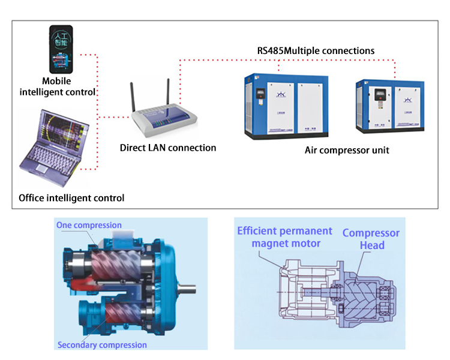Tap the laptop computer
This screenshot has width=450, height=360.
click(55, 143)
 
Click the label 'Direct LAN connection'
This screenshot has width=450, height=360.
click(168, 148)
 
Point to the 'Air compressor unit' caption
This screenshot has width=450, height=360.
click(347, 150)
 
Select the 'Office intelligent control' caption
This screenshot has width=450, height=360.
click(72, 197)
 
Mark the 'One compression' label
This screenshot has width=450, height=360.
click(89, 225)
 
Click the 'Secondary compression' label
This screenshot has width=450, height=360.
click(102, 345)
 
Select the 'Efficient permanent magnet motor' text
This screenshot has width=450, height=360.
click(284, 236)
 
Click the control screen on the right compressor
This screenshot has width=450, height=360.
click(380, 95)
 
